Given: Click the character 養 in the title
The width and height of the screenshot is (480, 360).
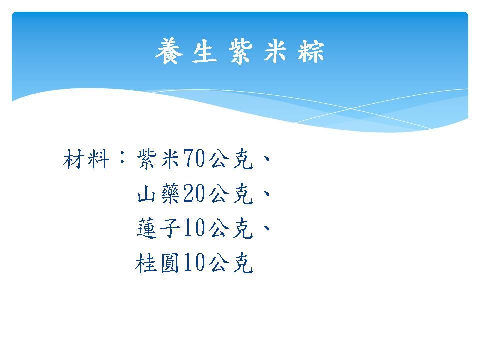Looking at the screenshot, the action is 169,51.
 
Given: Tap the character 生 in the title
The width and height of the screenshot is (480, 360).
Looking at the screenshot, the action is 205,51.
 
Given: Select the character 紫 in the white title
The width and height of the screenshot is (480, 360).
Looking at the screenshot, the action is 240,51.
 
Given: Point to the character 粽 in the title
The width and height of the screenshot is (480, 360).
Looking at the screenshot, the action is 310,51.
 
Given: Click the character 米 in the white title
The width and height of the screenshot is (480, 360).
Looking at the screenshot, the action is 275,51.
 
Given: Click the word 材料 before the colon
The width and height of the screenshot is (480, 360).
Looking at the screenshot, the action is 86,159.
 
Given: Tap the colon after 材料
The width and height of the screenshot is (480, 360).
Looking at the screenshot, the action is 122,156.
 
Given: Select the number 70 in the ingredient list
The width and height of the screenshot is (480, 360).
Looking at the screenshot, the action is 194,158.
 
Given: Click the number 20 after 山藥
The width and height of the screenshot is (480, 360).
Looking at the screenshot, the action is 194,193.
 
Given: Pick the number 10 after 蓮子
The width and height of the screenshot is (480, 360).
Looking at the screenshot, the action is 194,228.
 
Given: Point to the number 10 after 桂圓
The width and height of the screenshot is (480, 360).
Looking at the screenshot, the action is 194,262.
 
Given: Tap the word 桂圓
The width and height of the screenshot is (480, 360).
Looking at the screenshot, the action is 157,263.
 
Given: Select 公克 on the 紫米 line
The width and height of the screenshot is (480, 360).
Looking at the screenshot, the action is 231,159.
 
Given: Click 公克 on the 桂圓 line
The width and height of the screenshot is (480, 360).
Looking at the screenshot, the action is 231,263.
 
